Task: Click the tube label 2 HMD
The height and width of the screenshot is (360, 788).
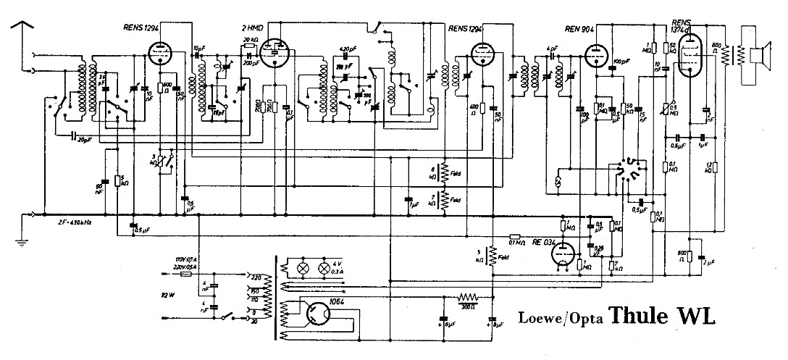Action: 252,28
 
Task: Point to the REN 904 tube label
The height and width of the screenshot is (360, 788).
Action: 579,29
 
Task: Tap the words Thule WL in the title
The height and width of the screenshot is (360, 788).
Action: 661,316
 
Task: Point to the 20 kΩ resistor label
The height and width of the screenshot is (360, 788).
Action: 251,38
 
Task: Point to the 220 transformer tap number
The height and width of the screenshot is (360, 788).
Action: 255,277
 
